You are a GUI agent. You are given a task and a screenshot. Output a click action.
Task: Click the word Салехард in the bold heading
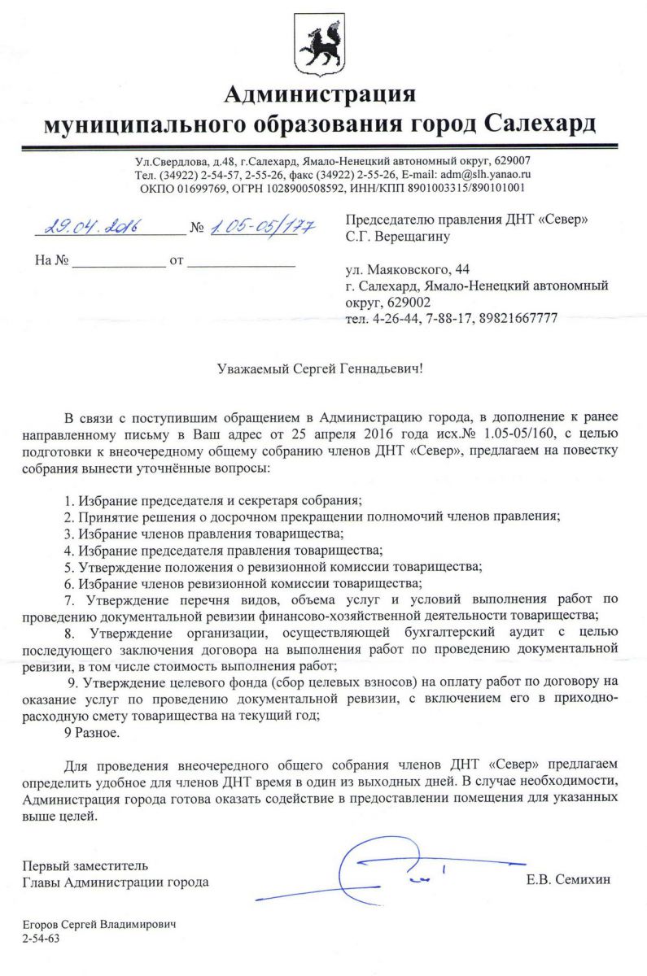tap(540, 124)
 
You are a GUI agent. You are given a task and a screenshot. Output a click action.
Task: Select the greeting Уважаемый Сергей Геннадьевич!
tap(322, 368)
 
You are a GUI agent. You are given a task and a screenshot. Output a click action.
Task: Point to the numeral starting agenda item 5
tap(68, 566)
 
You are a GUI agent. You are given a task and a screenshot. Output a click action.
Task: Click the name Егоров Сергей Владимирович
tap(99, 925)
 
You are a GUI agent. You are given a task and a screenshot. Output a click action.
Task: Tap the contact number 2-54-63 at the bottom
tap(41, 938)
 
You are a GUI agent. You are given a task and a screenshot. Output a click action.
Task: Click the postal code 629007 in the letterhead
tap(508, 160)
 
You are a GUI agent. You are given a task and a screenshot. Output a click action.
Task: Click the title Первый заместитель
tap(85, 865)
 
